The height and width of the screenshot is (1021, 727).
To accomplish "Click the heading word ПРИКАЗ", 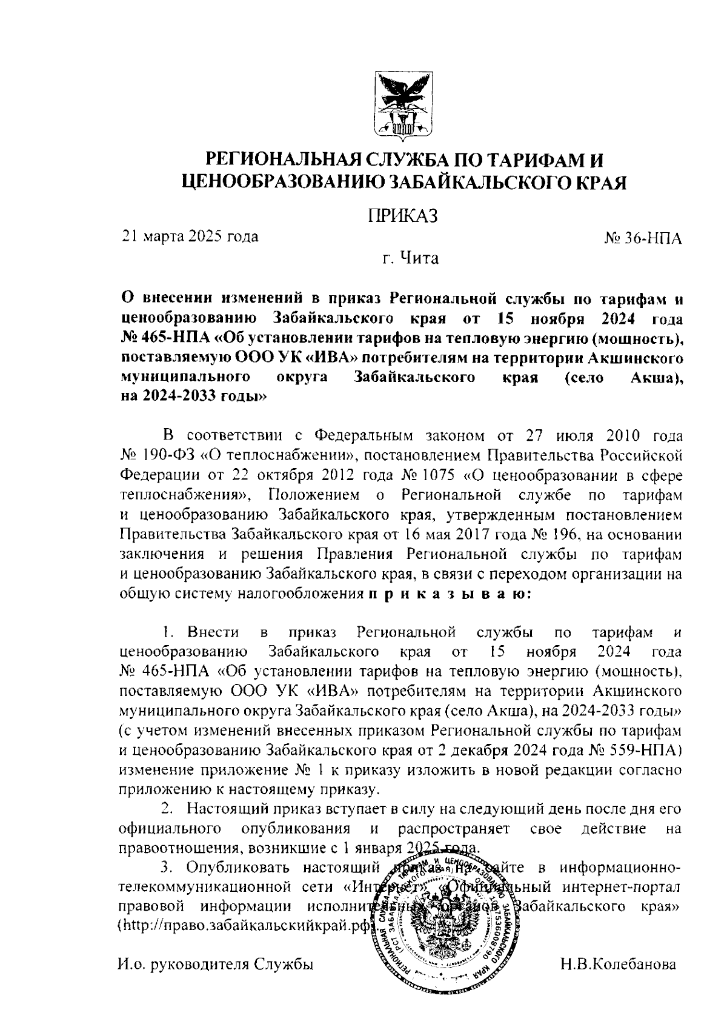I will [402, 216].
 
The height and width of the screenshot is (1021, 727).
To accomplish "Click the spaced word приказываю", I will [449, 594].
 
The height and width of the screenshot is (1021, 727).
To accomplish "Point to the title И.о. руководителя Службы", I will [216, 964].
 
